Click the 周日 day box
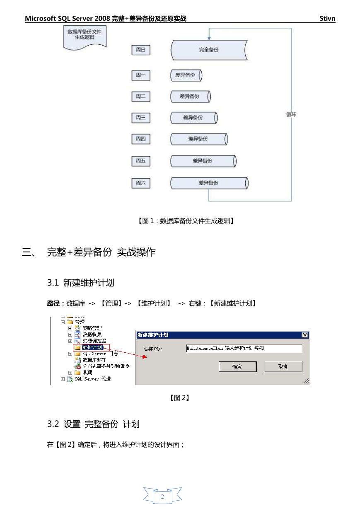140,50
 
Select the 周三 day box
140,118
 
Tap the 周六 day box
140,183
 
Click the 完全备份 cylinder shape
209,50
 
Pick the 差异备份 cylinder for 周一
186,75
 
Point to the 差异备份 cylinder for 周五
203,161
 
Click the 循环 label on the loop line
291,114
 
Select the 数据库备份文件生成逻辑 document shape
85,37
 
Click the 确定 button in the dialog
237,366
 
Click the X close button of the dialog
304,335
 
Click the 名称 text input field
244,348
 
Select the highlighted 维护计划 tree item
92,347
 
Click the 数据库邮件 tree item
94,360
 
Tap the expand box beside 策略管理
70,328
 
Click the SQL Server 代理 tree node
93,379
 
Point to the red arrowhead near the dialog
145,357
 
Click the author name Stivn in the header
327,18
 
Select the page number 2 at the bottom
162,497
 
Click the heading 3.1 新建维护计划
81,283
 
